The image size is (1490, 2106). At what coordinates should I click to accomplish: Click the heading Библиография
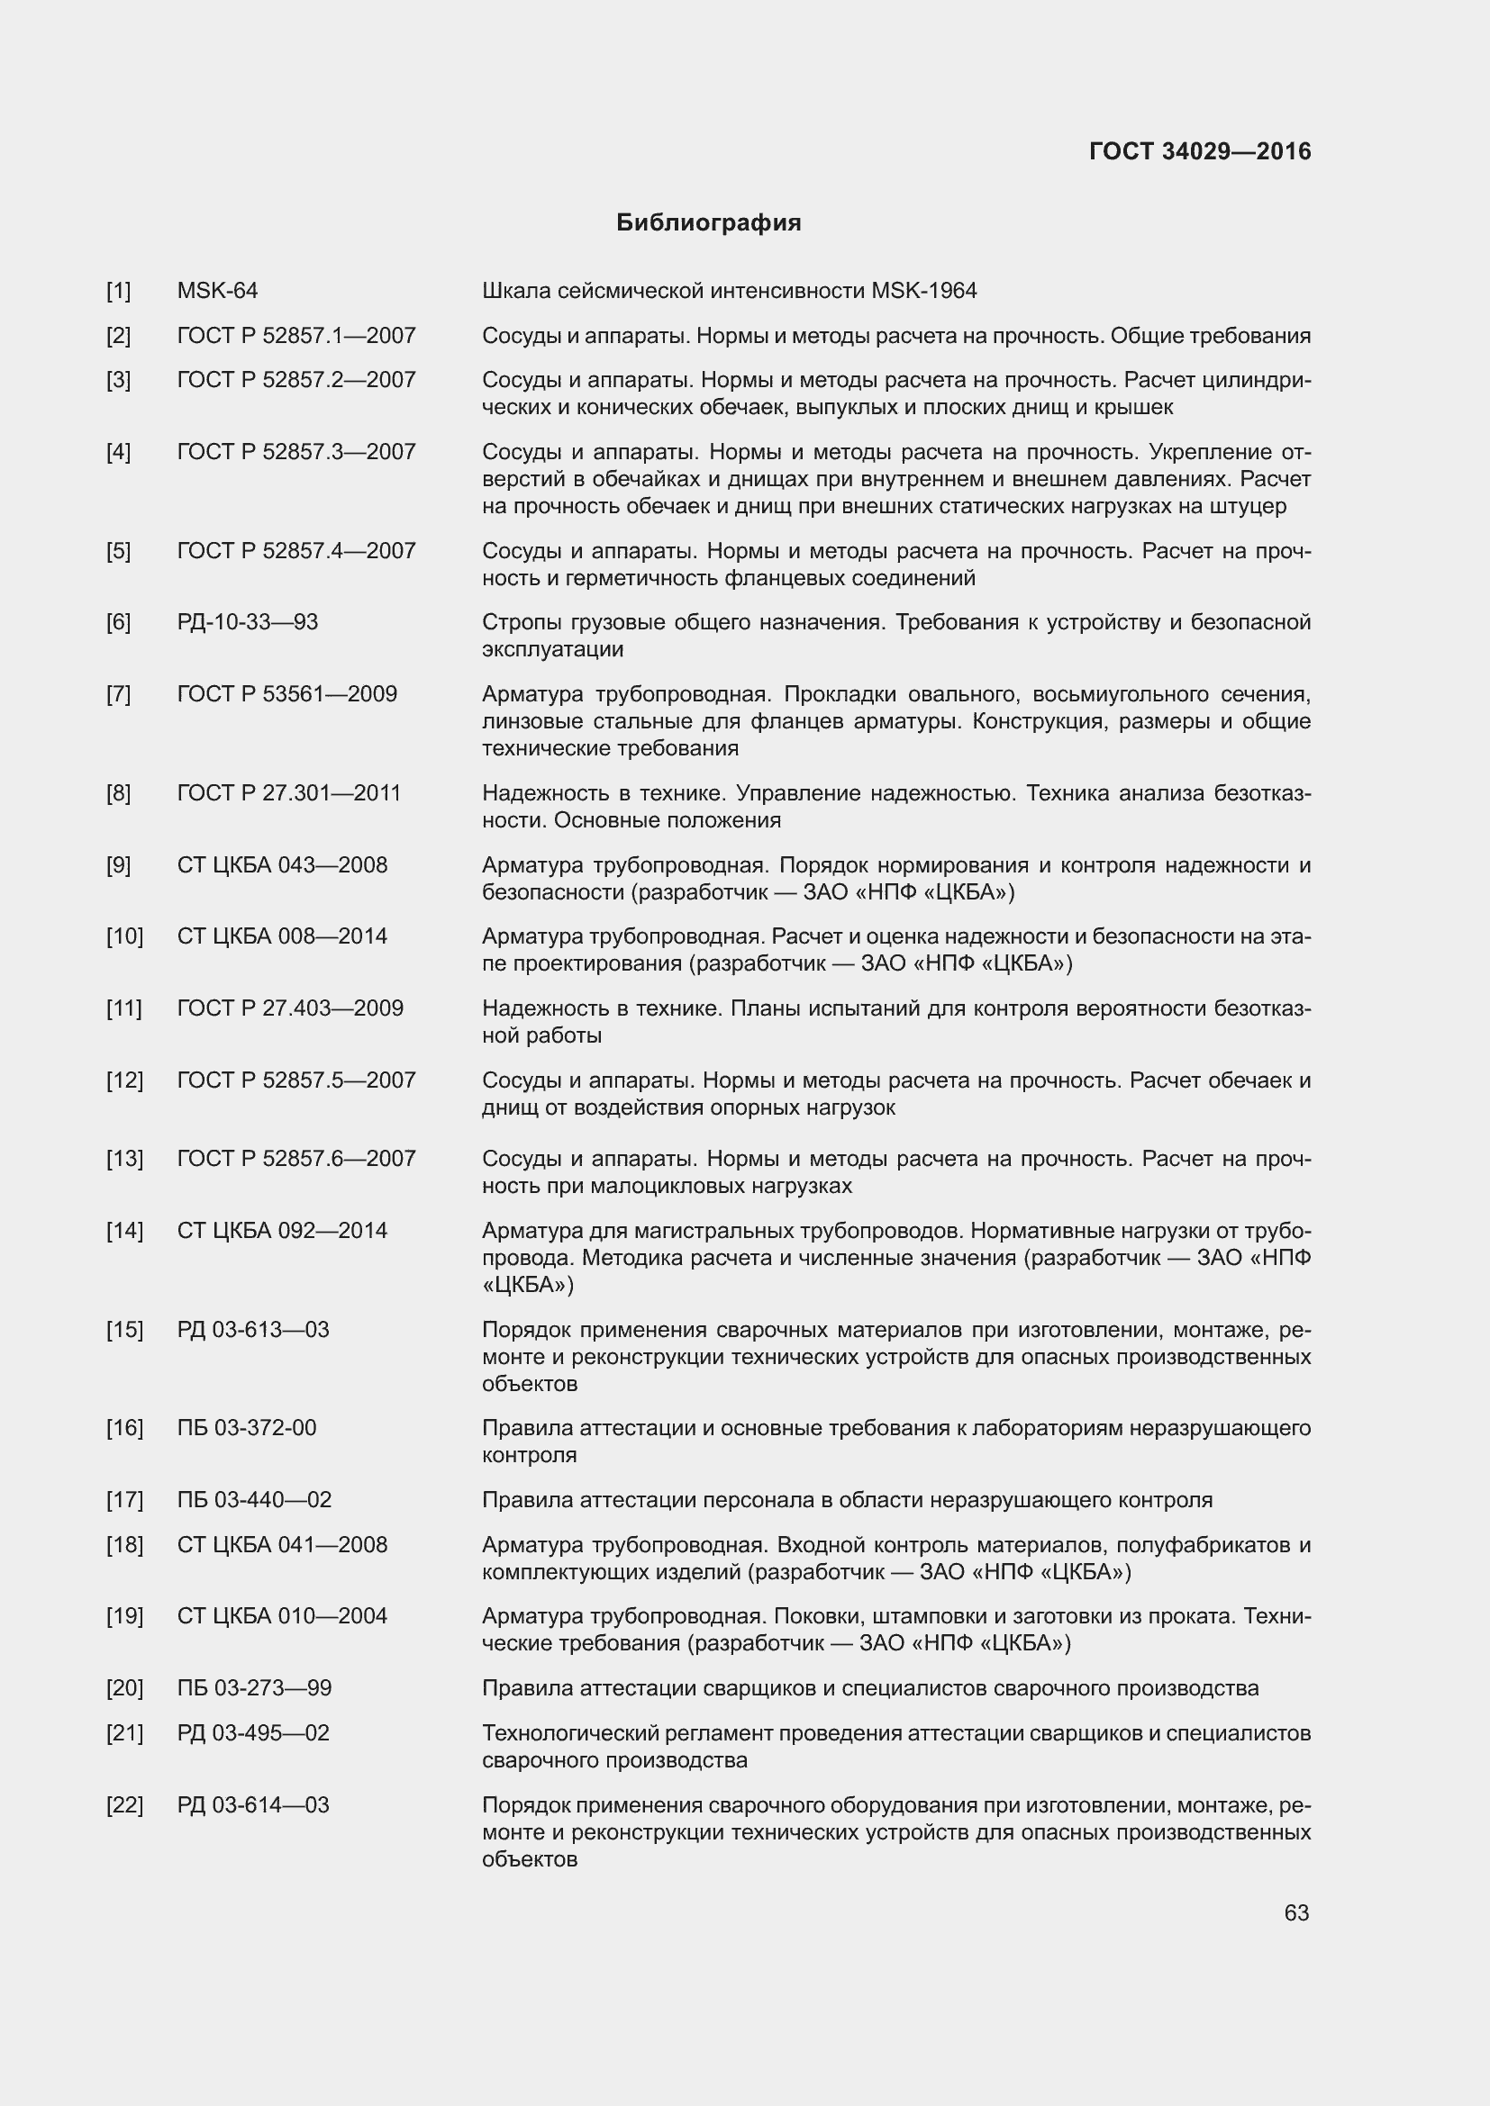pyautogui.click(x=708, y=223)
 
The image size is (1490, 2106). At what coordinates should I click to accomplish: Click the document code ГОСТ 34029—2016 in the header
pyautogui.click(x=1199, y=151)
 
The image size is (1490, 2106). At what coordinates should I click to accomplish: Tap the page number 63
pyautogui.click(x=1295, y=1912)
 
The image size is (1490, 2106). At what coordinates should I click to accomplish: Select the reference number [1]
pyautogui.click(x=118, y=291)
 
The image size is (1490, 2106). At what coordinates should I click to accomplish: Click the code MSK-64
pyautogui.click(x=217, y=291)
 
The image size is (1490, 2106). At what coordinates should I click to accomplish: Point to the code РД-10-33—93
pyautogui.click(x=247, y=622)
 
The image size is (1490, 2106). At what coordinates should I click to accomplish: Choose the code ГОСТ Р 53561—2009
pyautogui.click(x=287, y=693)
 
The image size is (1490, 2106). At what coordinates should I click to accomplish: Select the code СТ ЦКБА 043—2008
pyautogui.click(x=282, y=865)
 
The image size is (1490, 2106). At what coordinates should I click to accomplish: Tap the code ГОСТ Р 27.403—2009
pyautogui.click(x=290, y=1008)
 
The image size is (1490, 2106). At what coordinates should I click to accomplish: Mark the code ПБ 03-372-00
pyautogui.click(x=246, y=1428)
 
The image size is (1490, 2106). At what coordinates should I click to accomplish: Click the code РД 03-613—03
pyautogui.click(x=252, y=1330)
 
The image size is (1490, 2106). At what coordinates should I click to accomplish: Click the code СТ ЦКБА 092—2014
pyautogui.click(x=282, y=1231)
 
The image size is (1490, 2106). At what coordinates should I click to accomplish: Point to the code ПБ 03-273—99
pyautogui.click(x=254, y=1687)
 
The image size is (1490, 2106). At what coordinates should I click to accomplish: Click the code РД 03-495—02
pyautogui.click(x=252, y=1732)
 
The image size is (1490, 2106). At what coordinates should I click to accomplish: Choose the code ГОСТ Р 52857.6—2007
pyautogui.click(x=296, y=1159)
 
